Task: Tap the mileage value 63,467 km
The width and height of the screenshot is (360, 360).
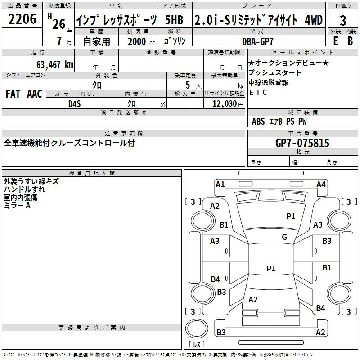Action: pyautogui.click(x=49, y=64)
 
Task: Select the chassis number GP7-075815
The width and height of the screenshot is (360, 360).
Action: pyautogui.click(x=302, y=143)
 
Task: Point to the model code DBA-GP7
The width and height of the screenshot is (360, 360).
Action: pyautogui.click(x=261, y=41)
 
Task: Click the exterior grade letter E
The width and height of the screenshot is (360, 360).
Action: pyautogui.click(x=335, y=41)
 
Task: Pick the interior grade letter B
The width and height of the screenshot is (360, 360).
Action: pyautogui.click(x=350, y=41)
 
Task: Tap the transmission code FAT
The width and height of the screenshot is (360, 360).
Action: pyautogui.click(x=13, y=94)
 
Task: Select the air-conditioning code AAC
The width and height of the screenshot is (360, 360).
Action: pyautogui.click(x=34, y=94)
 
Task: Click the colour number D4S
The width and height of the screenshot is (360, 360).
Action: pyautogui.click(x=74, y=103)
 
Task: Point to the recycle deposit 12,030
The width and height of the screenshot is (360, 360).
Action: pyautogui.click(x=221, y=103)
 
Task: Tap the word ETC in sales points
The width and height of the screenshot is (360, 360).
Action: pyautogui.click(x=258, y=93)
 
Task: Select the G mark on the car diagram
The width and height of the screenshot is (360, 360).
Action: pyautogui.click(x=284, y=237)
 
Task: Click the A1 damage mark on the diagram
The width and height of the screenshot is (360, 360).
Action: pyautogui.click(x=220, y=184)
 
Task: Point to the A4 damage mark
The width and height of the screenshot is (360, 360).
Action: pyautogui.click(x=320, y=184)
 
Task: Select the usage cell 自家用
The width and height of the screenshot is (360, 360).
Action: pyautogui.click(x=97, y=41)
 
